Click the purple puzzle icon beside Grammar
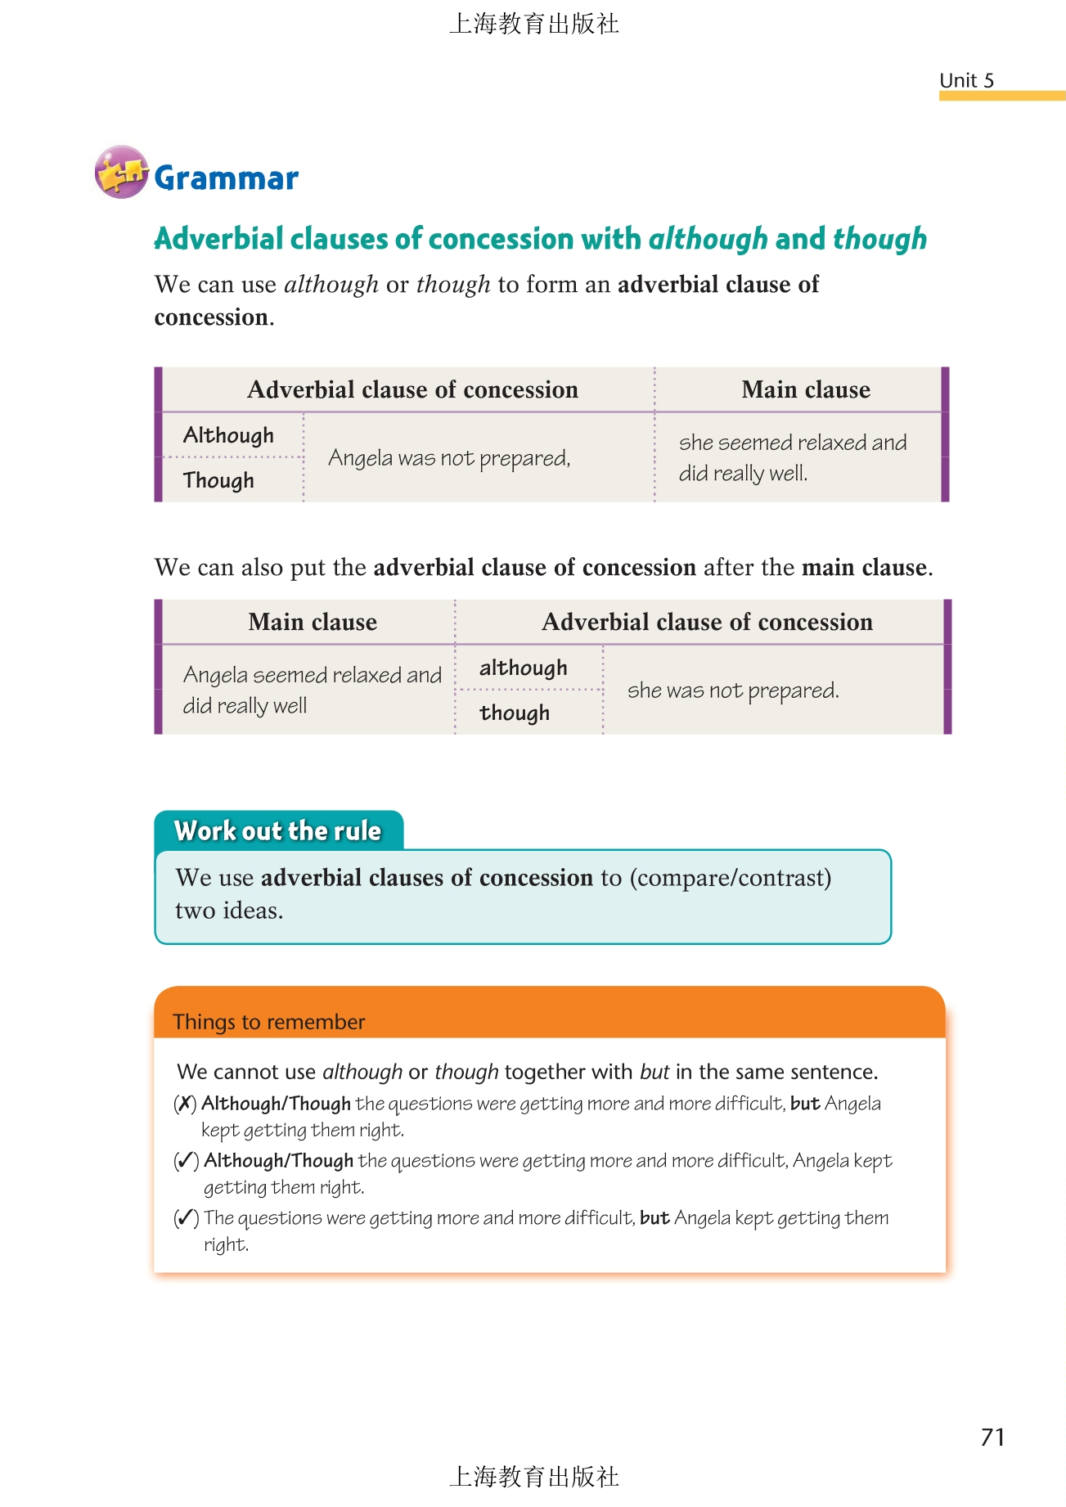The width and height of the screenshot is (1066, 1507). click(121, 172)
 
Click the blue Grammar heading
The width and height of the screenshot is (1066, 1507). click(226, 178)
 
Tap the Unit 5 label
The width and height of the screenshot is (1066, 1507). click(966, 80)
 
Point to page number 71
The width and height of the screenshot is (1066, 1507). click(992, 1437)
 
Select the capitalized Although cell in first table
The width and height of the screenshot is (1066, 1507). click(228, 435)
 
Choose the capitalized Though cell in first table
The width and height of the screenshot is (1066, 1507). click(218, 480)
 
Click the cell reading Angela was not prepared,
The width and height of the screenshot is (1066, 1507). click(449, 458)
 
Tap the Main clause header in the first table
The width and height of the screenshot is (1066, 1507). click(805, 389)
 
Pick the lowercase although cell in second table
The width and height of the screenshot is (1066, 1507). click(523, 668)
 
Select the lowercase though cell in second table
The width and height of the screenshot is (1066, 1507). click(515, 713)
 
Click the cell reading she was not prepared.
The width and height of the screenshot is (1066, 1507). click(733, 691)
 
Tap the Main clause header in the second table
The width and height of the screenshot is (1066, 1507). click(313, 622)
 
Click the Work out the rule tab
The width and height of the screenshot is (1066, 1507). click(278, 830)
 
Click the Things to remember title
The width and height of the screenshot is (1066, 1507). click(268, 1022)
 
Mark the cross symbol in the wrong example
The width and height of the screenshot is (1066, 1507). click(186, 1104)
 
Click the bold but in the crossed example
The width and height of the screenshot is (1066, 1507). click(805, 1104)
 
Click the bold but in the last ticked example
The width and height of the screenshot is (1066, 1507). click(654, 1218)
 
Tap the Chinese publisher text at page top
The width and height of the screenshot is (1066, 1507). click(533, 24)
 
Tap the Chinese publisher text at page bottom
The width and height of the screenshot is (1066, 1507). click(533, 1476)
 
